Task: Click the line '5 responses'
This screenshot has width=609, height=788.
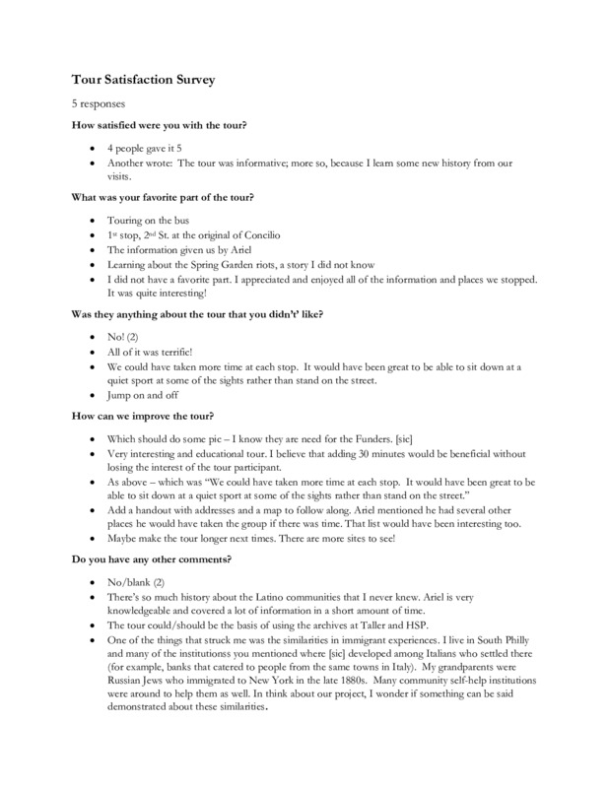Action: [x=97, y=102]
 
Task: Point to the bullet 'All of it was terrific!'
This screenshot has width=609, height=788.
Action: [x=153, y=350]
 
